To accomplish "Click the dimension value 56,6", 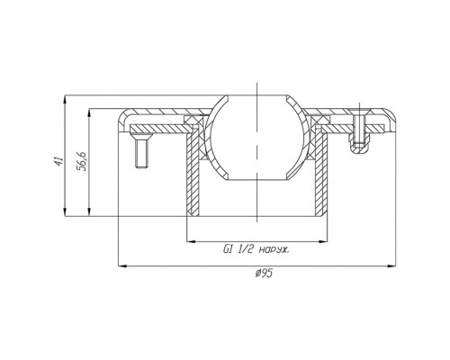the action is [x=82, y=161].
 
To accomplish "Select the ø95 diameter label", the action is [x=264, y=274].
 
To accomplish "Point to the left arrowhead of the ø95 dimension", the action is [x=121, y=265].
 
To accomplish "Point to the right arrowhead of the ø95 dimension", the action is [x=391, y=265].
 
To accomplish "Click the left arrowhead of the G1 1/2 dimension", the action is [x=191, y=241].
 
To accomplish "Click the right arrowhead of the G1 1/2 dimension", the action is [x=323, y=241].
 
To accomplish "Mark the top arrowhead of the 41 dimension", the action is [x=65, y=100].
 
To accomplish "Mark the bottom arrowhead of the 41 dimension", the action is [x=65, y=211].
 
